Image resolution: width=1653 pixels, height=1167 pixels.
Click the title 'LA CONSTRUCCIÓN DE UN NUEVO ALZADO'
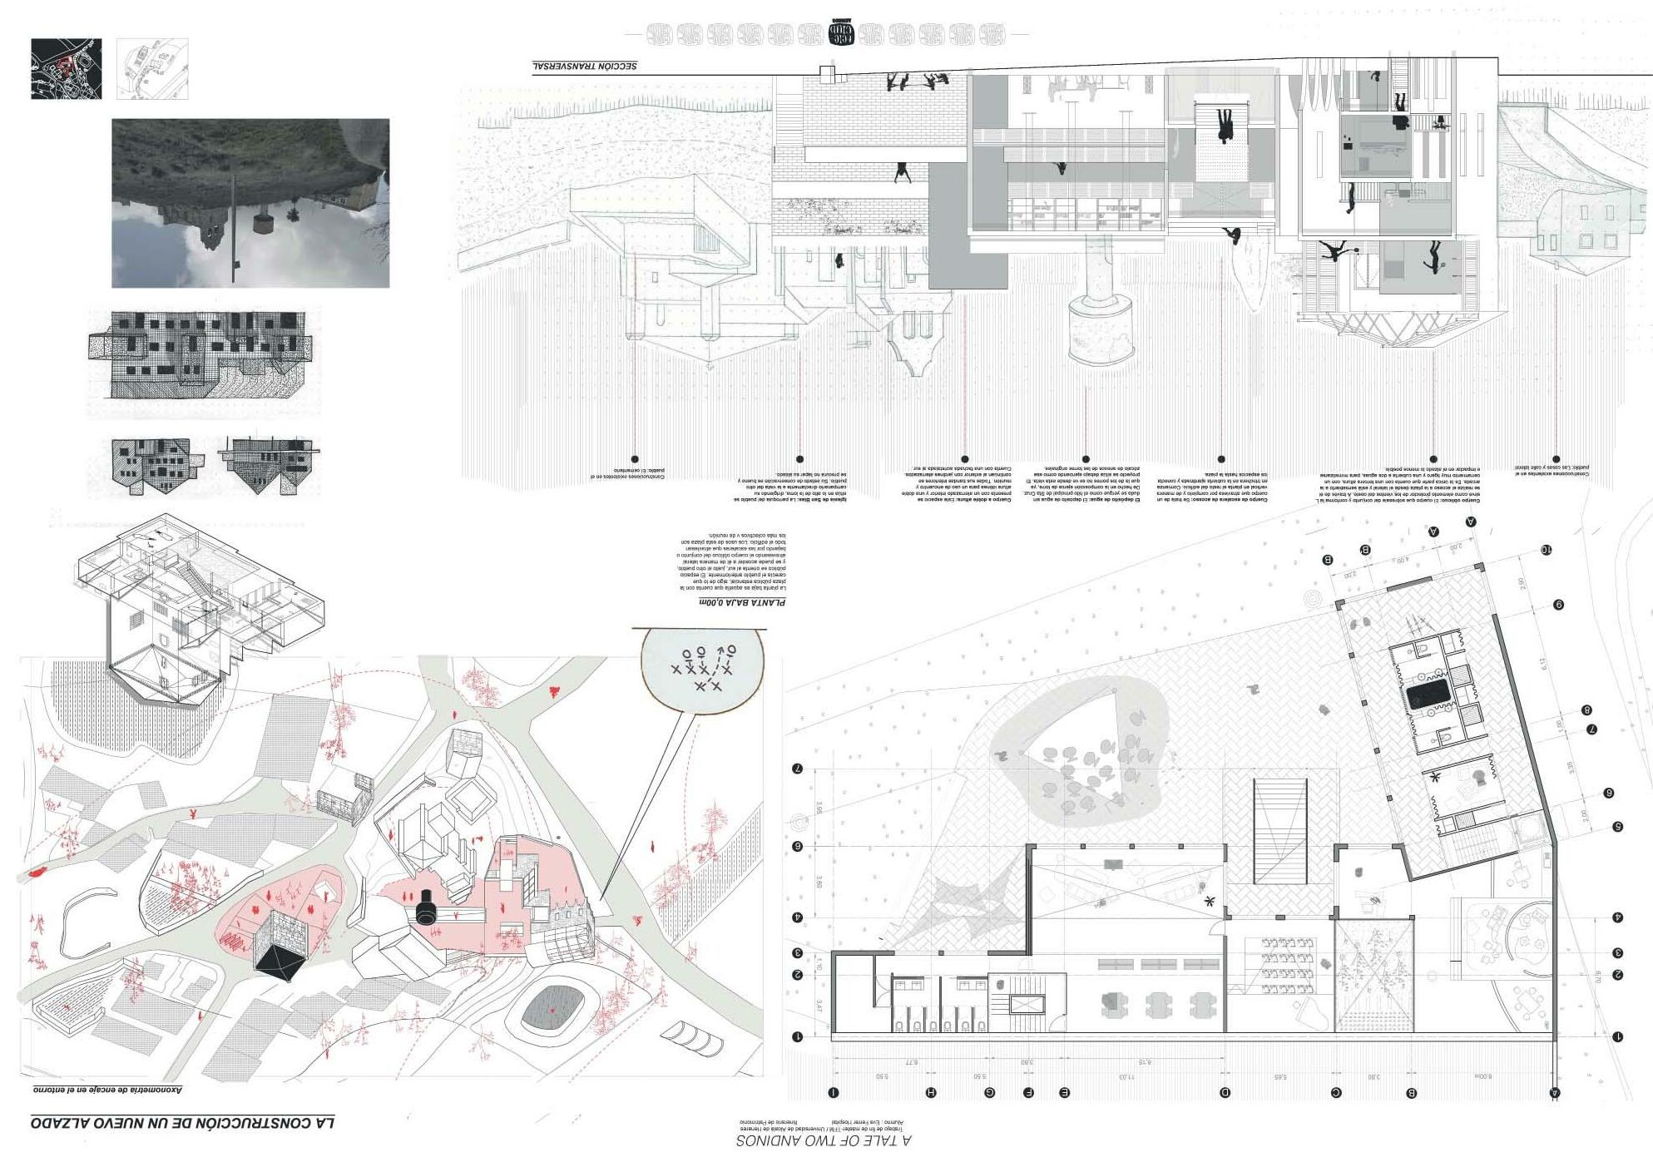point(183,1123)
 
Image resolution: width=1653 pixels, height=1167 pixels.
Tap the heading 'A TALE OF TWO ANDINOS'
point(823,1140)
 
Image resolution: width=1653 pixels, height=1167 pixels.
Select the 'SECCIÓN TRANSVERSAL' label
point(585,66)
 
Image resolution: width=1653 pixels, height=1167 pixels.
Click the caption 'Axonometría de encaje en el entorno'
point(108,1089)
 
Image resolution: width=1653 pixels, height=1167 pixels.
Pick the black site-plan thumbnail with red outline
point(67,68)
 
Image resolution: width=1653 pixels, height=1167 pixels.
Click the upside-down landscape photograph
point(250,203)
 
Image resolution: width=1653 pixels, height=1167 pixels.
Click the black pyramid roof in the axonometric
point(279,962)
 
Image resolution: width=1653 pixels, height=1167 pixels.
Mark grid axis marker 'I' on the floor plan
point(834,1093)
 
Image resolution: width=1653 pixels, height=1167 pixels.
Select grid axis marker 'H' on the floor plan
point(931,1093)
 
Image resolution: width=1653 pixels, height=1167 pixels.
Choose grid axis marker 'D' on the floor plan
point(1225,1093)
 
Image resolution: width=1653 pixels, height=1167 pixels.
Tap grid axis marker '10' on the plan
point(1546,550)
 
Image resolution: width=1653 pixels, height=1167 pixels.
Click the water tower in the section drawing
point(1101,308)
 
